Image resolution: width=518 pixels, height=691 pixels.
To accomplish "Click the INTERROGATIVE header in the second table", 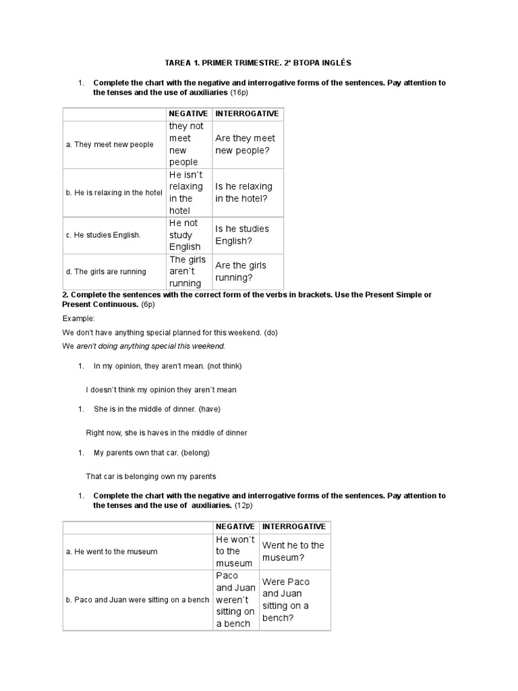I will pos(293,526).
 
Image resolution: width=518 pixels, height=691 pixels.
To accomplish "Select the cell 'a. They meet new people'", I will pos(110,144).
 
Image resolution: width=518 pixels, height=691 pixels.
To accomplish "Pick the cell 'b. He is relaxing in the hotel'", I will pos(114,192).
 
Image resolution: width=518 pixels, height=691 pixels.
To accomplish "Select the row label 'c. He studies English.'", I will pos(103,235).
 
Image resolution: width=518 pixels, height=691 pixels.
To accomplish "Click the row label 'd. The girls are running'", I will pos(106,271).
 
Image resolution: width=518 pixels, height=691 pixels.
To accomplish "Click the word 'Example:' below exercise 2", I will pos(79,318).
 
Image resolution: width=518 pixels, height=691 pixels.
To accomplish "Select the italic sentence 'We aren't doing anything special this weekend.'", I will pos(144,346).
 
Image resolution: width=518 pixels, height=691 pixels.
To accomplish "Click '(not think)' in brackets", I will pos(225,366).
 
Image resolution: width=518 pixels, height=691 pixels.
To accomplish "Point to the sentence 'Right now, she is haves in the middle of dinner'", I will pos(167,433).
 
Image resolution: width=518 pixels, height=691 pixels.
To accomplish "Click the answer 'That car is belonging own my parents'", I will pos(151,476).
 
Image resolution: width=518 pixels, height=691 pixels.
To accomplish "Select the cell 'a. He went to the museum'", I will pos(111,551).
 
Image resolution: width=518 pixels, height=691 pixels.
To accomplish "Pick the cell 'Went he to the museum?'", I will pos(293,551).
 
